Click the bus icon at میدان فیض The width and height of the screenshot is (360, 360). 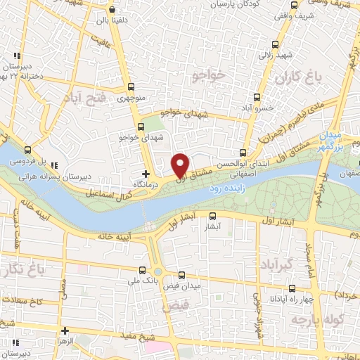tap(181, 276)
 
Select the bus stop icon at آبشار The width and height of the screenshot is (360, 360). tap(213, 217)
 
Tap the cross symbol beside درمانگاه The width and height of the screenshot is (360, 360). tap(146, 173)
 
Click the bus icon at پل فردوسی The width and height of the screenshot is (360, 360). tap(27, 150)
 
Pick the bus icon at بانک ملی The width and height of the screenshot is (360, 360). tap(143, 270)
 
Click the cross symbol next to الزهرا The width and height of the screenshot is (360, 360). tap(65, 330)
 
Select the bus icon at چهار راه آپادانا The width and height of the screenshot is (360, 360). tap(293, 288)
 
